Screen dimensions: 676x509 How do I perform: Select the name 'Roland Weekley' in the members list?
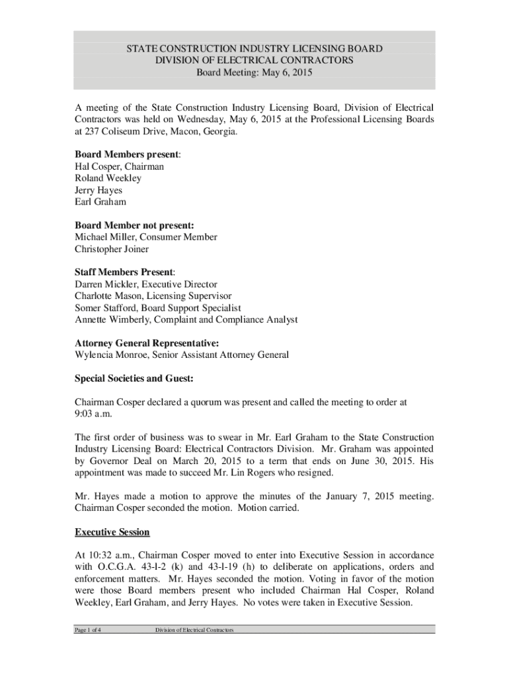pyautogui.click(x=108, y=178)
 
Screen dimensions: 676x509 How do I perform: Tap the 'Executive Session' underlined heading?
pyautogui.click(x=112, y=532)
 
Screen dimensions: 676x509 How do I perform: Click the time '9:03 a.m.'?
pyautogui.click(x=94, y=413)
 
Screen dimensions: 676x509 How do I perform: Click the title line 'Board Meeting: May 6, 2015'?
pyautogui.click(x=254, y=73)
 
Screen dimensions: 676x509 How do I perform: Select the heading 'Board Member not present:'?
pyautogui.click(x=138, y=224)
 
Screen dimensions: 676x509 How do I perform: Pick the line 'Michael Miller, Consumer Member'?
pyautogui.click(x=145, y=237)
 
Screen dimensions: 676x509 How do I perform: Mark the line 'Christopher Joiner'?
pyautogui.click(x=112, y=249)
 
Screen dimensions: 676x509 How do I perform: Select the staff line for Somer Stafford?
pyautogui.click(x=157, y=308)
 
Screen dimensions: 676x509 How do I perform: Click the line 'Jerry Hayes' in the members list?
pyautogui.click(x=98, y=190)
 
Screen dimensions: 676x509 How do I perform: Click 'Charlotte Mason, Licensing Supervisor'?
pyautogui.click(x=153, y=296)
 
